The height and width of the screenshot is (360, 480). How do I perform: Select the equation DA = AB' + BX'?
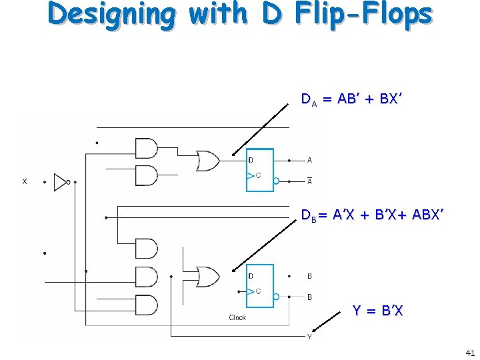pyautogui.click(x=351, y=100)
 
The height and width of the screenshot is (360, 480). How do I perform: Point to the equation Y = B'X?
pyautogui.click(x=377, y=311)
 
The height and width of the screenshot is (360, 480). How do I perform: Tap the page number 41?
pyautogui.click(x=469, y=352)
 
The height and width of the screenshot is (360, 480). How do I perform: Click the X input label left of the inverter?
pyautogui.click(x=25, y=181)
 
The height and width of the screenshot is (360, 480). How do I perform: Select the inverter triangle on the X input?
pyautogui.click(x=61, y=181)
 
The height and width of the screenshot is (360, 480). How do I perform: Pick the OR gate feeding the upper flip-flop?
pyautogui.click(x=207, y=161)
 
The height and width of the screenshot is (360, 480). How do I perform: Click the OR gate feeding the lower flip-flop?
pyautogui.click(x=207, y=276)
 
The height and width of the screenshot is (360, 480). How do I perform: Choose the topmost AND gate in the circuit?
pyautogui.click(x=146, y=148)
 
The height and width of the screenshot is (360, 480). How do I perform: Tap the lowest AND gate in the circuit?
pyautogui.click(x=146, y=305)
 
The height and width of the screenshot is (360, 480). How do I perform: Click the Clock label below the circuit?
pyautogui.click(x=237, y=318)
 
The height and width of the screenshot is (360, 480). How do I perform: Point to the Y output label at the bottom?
pyautogui.click(x=309, y=336)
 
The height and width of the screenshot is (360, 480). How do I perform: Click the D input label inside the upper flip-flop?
pyautogui.click(x=251, y=161)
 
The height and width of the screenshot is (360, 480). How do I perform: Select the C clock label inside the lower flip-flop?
pyautogui.click(x=257, y=291)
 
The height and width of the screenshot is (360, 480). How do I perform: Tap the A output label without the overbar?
pyautogui.click(x=309, y=160)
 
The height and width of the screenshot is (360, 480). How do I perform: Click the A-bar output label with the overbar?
pyautogui.click(x=309, y=181)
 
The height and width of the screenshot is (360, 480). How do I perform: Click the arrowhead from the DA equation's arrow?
pyautogui.click(x=234, y=154)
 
